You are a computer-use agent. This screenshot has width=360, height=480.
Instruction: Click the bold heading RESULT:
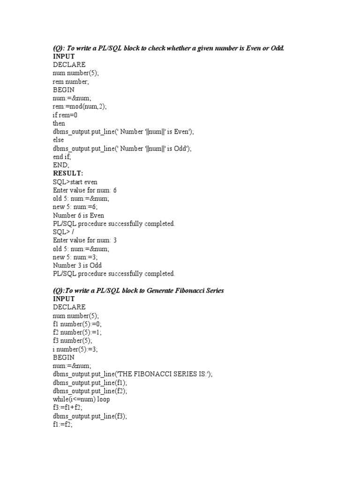tap(67, 173)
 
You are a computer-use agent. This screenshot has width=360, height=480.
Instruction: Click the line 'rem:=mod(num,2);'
tap(80, 106)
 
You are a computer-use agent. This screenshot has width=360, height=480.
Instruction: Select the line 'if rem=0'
tap(65, 115)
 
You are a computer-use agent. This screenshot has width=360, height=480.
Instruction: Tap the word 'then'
tap(59, 123)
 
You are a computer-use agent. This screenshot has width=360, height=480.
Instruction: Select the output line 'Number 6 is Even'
tap(78, 215)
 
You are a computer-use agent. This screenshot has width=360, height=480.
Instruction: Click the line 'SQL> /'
tap(63, 232)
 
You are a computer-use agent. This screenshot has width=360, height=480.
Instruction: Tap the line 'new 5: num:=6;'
tap(75, 207)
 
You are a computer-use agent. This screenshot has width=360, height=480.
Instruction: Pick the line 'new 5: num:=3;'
tap(75, 257)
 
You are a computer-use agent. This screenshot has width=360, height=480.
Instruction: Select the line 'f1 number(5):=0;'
tap(77, 324)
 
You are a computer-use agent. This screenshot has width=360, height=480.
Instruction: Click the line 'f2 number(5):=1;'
tap(77, 332)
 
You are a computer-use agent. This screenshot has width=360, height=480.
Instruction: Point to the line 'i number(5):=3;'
tap(75, 349)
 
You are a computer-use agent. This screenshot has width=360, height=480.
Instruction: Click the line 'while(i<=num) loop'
tap(81, 399)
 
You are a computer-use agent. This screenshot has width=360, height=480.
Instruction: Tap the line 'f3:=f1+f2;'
tap(67, 407)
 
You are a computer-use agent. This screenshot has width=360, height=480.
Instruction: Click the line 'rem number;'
tap(68, 82)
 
